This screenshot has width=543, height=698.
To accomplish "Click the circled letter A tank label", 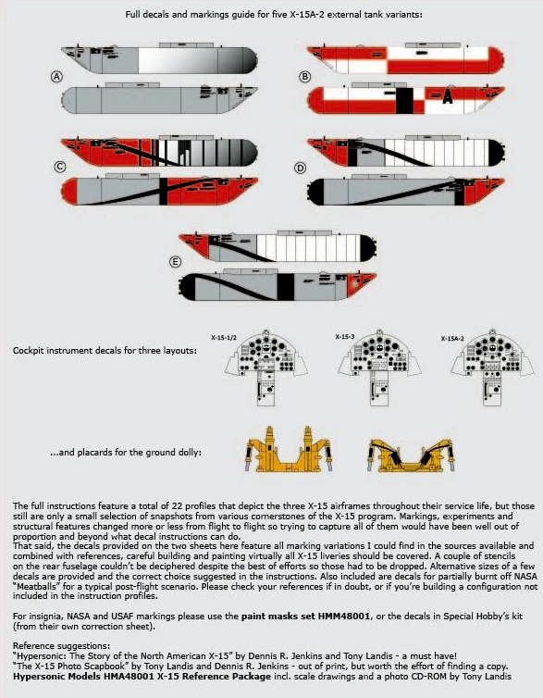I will [56, 78].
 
